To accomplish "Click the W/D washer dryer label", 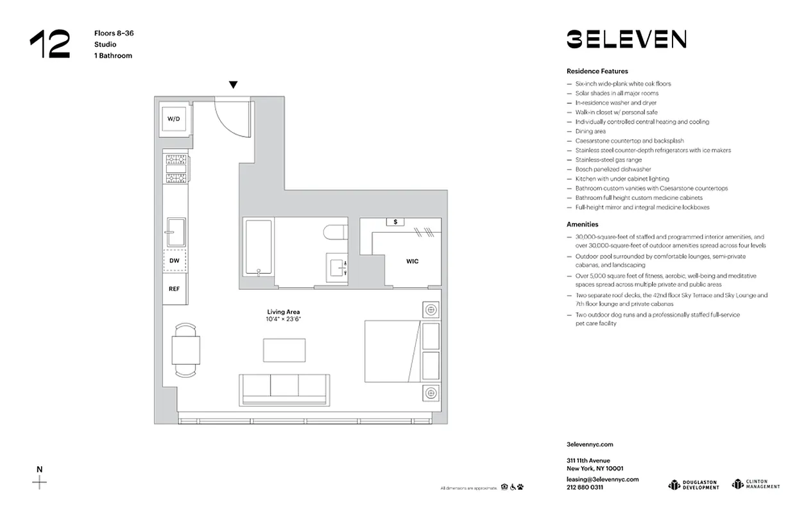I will (x=174, y=119).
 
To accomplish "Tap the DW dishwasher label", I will (x=174, y=261).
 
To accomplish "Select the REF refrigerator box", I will (x=174, y=289).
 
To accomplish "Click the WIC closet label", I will (x=412, y=262).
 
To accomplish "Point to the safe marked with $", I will (x=395, y=222).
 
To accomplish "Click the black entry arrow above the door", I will (x=234, y=85).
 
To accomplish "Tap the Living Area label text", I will (x=284, y=312).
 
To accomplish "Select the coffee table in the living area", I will (x=284, y=350).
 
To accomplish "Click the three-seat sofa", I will (x=284, y=387).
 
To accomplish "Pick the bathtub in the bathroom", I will (x=259, y=247).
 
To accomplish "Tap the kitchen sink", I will (x=175, y=231).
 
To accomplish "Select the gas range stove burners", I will (x=175, y=169).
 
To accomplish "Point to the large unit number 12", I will (x=49, y=44).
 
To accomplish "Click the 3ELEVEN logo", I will (x=626, y=40).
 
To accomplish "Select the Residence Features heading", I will (x=597, y=71).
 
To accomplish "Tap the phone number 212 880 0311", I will (x=585, y=487).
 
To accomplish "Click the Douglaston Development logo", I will (x=694, y=485).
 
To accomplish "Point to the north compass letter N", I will (x=39, y=469).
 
